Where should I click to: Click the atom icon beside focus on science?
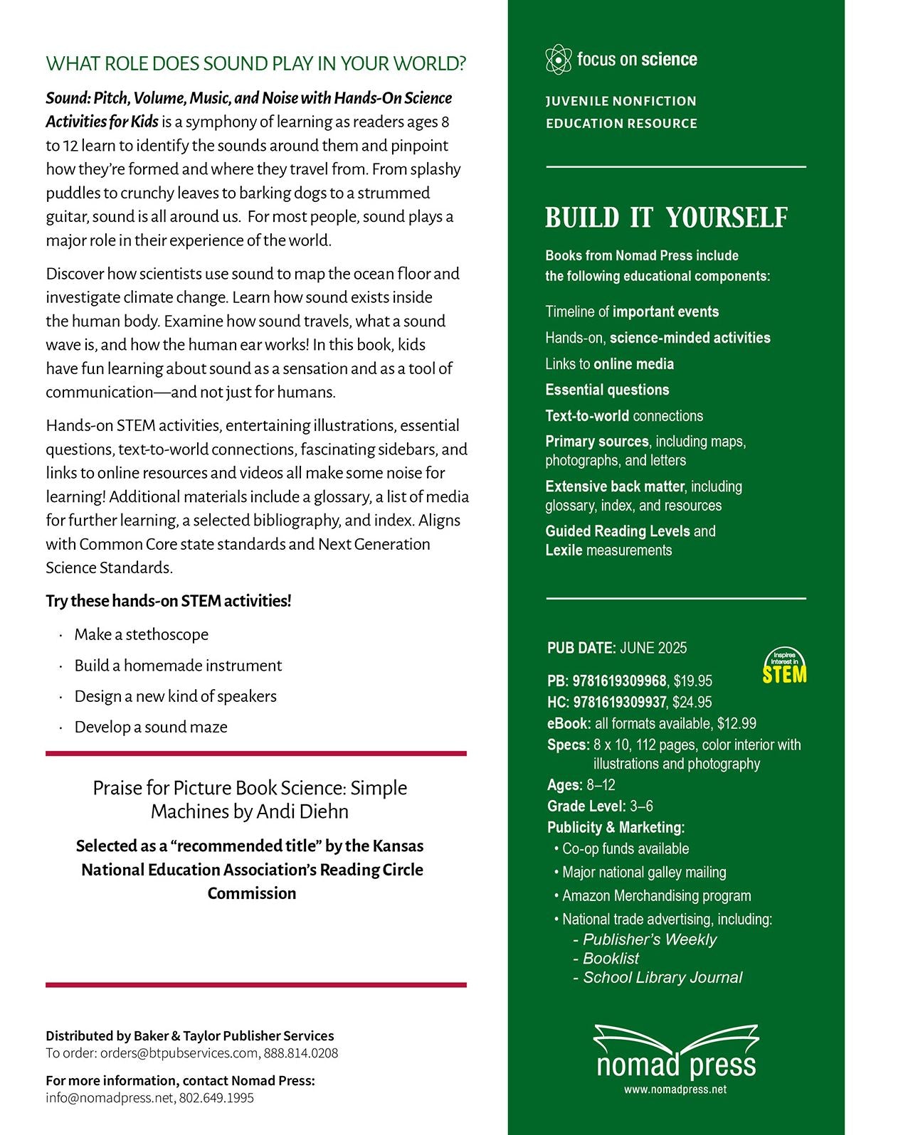pos(559,60)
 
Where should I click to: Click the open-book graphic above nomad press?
pos(676,1038)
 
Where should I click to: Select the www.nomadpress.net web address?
pos(675,1089)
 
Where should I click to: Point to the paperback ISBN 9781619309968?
pos(619,681)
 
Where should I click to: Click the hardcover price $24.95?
pos(692,703)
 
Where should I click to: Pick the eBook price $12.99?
pos(737,724)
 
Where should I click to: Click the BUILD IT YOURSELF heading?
pos(666,218)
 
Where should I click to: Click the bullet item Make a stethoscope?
pos(141,634)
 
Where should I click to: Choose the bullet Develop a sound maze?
pos(151,728)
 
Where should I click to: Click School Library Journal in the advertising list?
pos(662,978)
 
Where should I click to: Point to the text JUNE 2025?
pos(653,648)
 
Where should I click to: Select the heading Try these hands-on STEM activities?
pos(169,602)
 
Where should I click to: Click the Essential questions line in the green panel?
pos(607,390)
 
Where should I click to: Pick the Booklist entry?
pos(611,959)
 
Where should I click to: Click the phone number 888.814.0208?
pos(301,1053)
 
